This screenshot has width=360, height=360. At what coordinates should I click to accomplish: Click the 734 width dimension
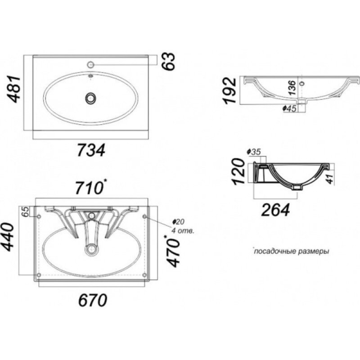91,150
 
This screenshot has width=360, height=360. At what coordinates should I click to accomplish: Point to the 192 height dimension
230,91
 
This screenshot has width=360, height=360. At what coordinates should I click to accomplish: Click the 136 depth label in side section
292,88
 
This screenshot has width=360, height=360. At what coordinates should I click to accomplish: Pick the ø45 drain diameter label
289,108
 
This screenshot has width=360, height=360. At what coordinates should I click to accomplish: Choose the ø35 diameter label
253,152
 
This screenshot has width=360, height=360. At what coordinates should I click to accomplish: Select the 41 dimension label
330,179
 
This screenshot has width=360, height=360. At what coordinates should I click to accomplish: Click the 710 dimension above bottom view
90,188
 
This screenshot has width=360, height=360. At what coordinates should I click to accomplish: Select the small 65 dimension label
26,211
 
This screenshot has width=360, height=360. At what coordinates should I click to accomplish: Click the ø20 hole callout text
179,221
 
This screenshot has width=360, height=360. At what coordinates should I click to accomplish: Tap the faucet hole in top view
91,64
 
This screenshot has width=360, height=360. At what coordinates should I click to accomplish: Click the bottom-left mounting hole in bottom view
39,275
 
